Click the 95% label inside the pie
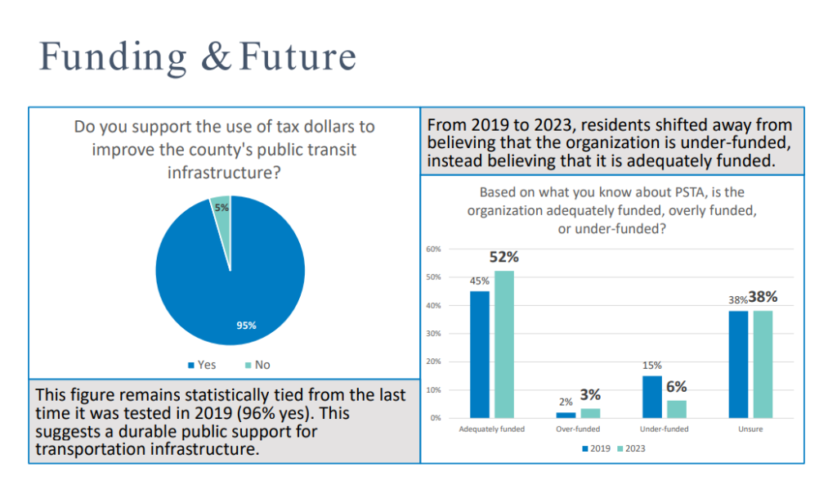[x=246, y=326]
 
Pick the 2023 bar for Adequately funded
[x=504, y=344]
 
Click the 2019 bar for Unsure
[x=739, y=364]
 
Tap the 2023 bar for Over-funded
[x=590, y=413]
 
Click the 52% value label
[x=504, y=257]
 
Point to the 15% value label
[x=652, y=366]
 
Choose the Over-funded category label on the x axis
[x=579, y=429]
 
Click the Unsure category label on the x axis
[x=750, y=429]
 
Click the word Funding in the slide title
[x=113, y=58]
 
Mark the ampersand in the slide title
[x=217, y=58]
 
